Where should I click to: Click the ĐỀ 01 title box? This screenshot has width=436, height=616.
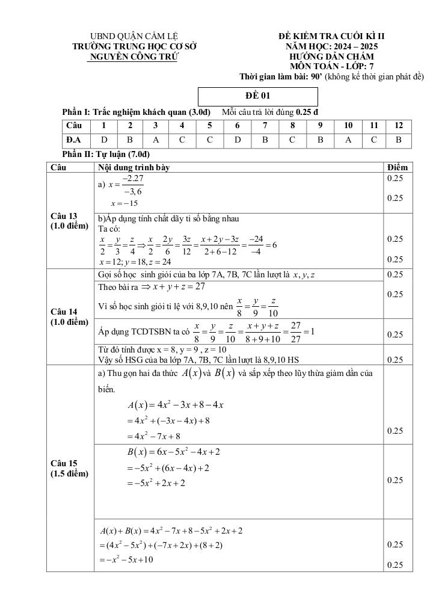(x=257, y=96)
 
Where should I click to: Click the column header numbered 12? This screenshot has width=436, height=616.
(x=398, y=126)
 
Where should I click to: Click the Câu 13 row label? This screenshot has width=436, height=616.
(x=69, y=221)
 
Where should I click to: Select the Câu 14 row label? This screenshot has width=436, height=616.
(x=69, y=316)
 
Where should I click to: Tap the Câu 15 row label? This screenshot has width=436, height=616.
(x=69, y=468)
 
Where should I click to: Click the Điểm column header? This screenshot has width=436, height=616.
(x=398, y=167)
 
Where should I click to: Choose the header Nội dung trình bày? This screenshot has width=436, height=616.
(x=131, y=167)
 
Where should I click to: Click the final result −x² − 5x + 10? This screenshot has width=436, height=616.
(x=127, y=559)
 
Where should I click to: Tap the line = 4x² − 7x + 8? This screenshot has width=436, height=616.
(x=153, y=436)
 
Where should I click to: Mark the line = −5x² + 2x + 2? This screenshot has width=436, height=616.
(x=155, y=483)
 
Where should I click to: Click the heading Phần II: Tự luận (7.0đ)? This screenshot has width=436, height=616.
(x=106, y=155)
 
